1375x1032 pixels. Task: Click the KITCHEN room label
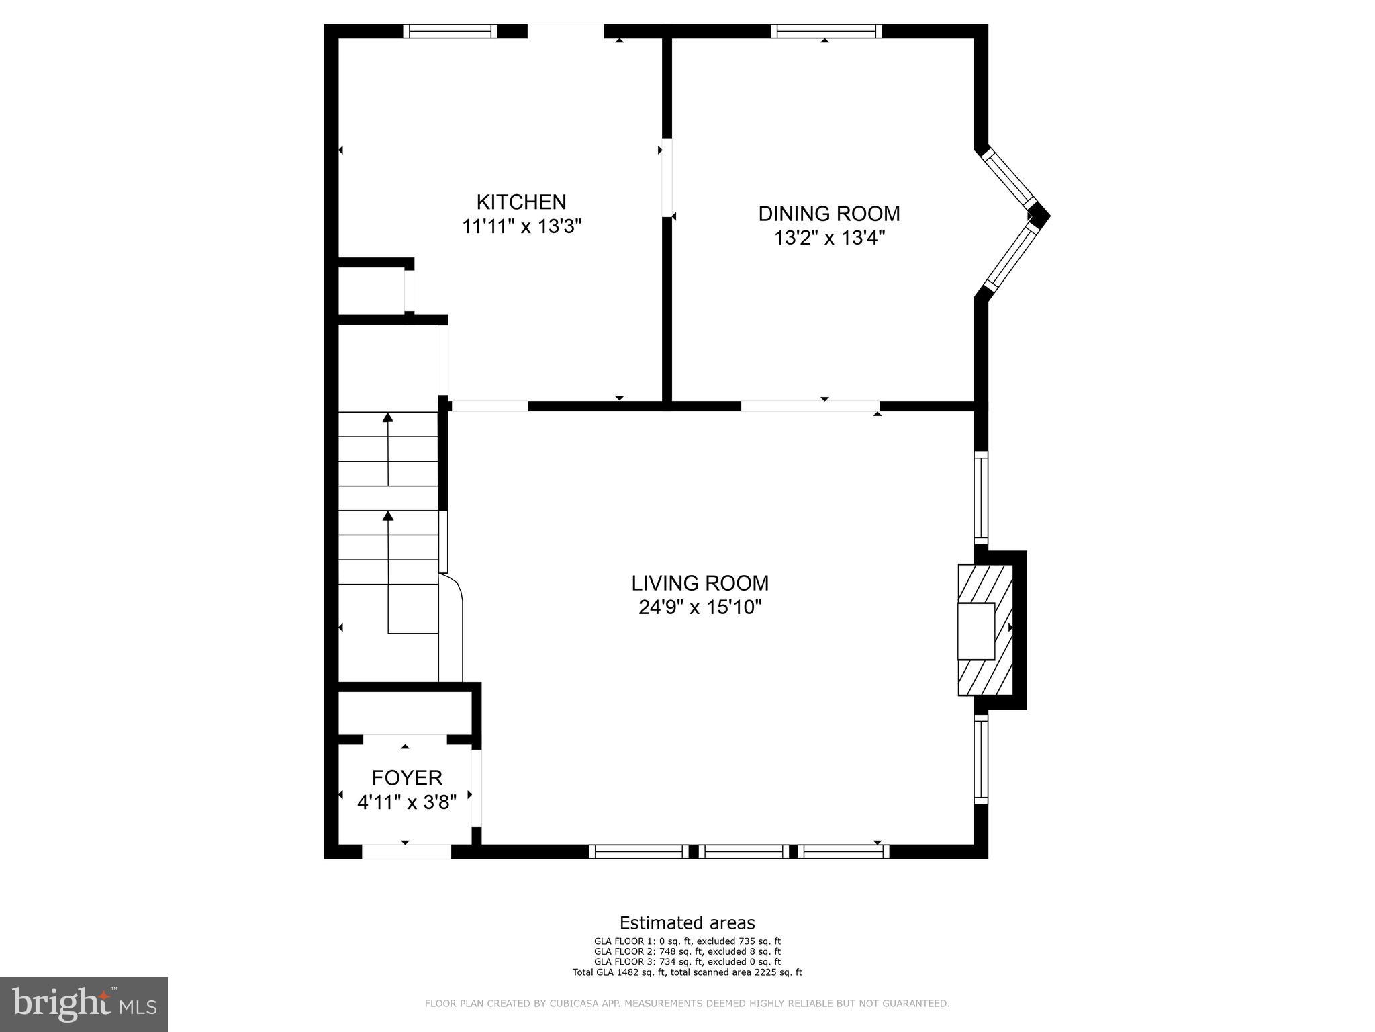click(x=521, y=202)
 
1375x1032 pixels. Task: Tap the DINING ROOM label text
click(x=829, y=214)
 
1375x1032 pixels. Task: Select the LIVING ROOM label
click(x=700, y=583)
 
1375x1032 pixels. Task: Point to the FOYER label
click(x=407, y=778)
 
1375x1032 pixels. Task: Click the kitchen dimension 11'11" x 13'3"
click(x=521, y=226)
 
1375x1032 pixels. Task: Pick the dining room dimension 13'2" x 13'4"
click(x=829, y=238)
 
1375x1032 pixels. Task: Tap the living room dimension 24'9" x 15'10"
click(x=700, y=607)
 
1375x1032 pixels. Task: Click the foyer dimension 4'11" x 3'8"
click(x=407, y=802)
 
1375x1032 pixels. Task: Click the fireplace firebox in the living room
click(x=976, y=631)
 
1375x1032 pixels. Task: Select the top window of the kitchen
click(x=451, y=31)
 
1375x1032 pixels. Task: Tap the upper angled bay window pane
click(x=1010, y=179)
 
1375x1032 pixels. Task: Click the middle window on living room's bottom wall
click(x=743, y=851)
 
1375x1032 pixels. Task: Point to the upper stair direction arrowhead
click(x=388, y=417)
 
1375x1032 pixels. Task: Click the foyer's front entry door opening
click(x=406, y=851)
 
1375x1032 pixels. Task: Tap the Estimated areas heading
click(x=687, y=922)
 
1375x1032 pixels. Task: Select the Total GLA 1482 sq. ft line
click(x=687, y=972)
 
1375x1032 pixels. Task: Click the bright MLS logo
click(x=84, y=1004)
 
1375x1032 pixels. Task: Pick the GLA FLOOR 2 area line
click(x=687, y=951)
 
